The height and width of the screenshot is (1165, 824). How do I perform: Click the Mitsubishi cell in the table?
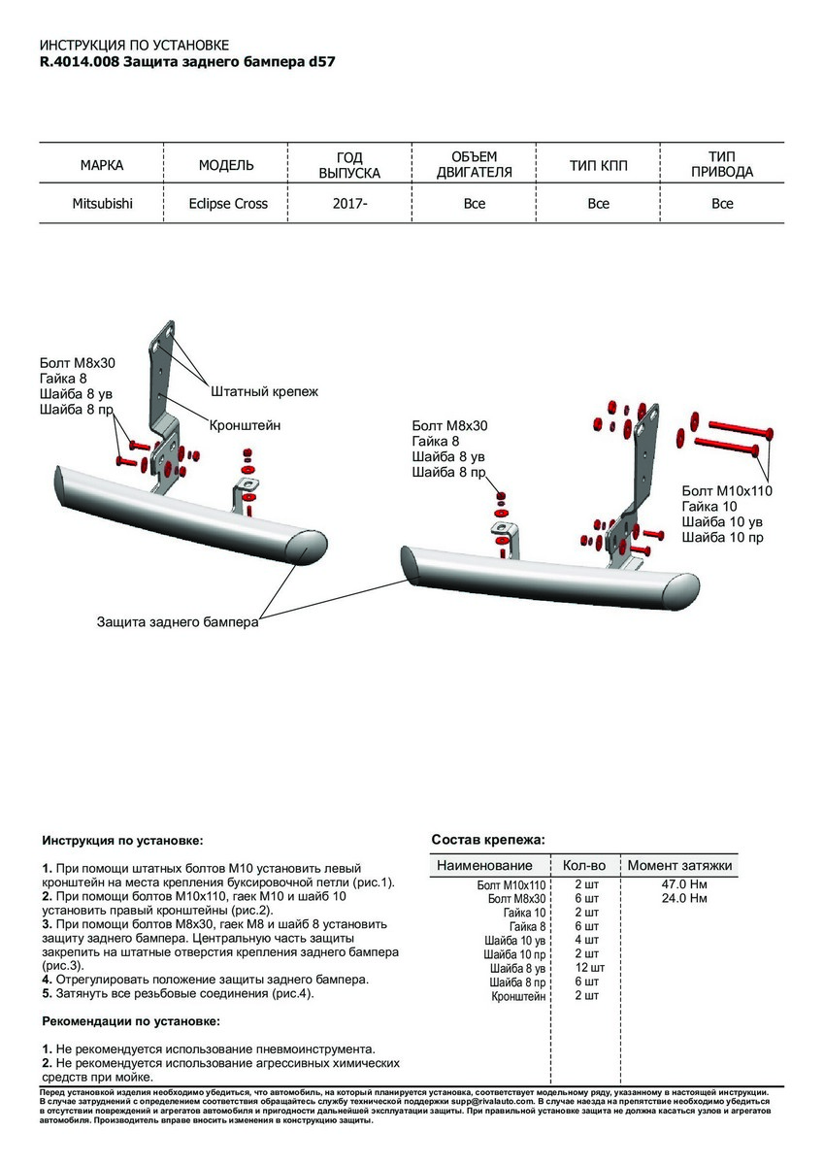pyautogui.click(x=103, y=204)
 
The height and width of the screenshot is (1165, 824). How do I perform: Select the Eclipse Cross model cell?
pyautogui.click(x=228, y=204)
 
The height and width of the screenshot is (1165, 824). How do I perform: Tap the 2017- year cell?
pyautogui.click(x=349, y=204)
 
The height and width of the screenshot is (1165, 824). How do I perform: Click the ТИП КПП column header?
pyautogui.click(x=598, y=166)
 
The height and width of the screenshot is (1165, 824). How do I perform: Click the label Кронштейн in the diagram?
pyautogui.click(x=245, y=424)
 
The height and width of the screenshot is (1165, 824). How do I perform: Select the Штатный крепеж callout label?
pyautogui.click(x=264, y=391)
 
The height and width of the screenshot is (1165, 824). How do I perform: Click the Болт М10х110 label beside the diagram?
pyautogui.click(x=727, y=491)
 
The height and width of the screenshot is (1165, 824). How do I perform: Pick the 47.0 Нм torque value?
pyautogui.click(x=682, y=885)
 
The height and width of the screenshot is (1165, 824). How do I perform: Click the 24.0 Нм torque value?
pyautogui.click(x=682, y=899)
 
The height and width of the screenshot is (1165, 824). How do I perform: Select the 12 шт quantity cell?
pyautogui.click(x=588, y=968)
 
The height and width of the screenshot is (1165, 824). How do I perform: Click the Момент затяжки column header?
pyautogui.click(x=679, y=865)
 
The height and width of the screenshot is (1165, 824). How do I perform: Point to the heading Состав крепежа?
pyautogui.click(x=487, y=839)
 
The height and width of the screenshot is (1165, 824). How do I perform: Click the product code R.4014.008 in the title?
pyautogui.click(x=80, y=61)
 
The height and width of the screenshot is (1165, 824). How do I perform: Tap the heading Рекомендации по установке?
pyautogui.click(x=131, y=1021)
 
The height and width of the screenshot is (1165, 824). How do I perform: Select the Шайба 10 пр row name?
pyautogui.click(x=517, y=954)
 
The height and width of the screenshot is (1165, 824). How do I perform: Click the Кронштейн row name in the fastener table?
pyautogui.click(x=518, y=996)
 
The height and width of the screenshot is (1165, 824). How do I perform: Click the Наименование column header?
pyautogui.click(x=484, y=865)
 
